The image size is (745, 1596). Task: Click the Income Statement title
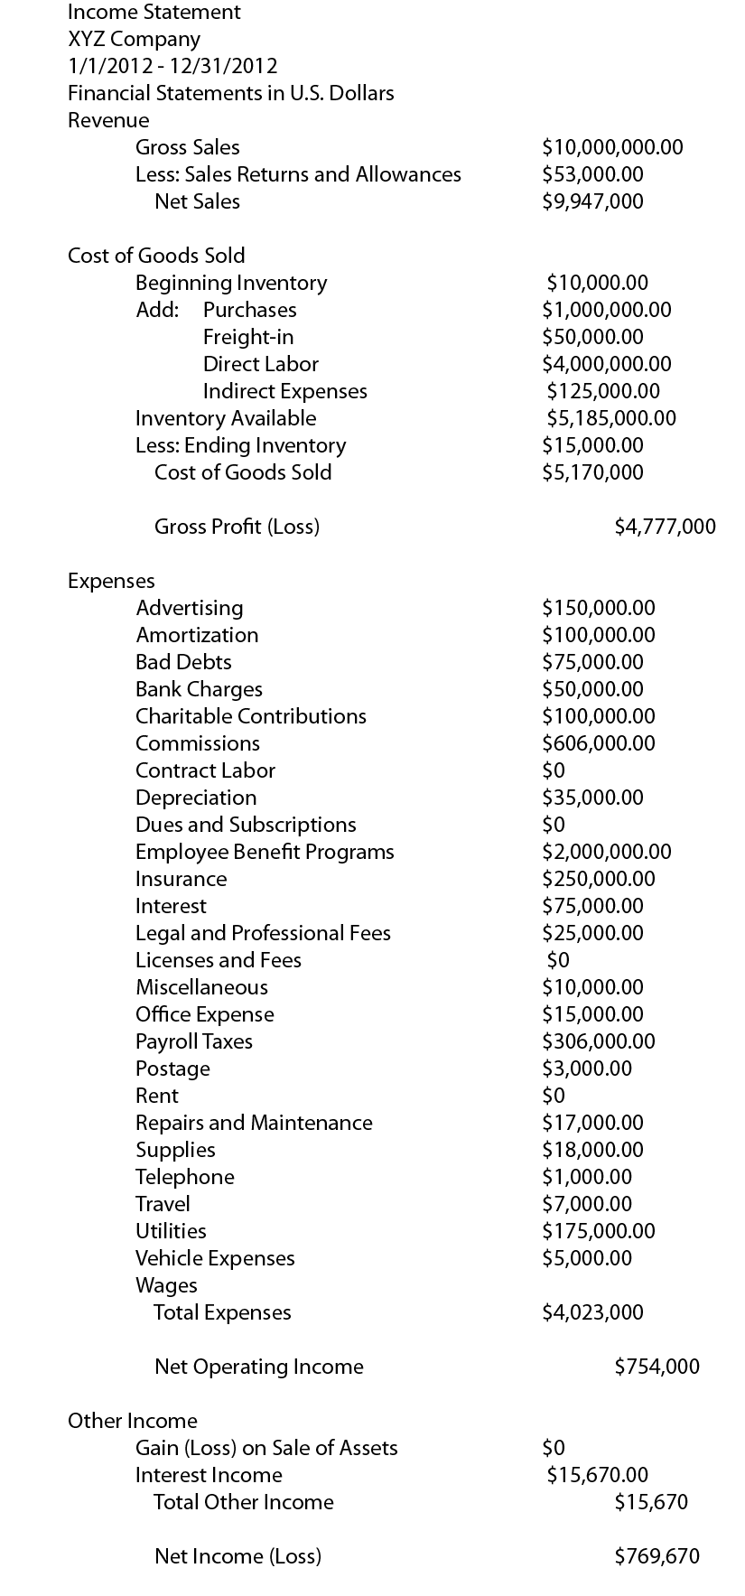tap(154, 13)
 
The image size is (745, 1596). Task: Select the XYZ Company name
tap(134, 40)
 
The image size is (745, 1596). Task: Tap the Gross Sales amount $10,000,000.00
tap(612, 147)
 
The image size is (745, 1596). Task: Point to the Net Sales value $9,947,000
tap(592, 201)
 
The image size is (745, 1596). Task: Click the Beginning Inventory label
tap(231, 283)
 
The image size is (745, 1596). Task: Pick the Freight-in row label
tap(248, 337)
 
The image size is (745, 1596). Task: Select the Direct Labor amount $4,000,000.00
tap(607, 364)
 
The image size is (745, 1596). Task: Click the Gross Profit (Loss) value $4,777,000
tap(665, 527)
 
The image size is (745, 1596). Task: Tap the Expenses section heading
tap(111, 581)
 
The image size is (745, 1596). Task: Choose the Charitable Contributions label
tap(251, 716)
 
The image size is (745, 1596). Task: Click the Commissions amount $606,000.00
tap(599, 743)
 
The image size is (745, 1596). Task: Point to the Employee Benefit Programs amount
tap(607, 852)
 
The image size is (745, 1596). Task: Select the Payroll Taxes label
tap(194, 1041)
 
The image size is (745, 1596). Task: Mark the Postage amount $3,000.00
tap(587, 1069)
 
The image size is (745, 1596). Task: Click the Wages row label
tap(166, 1285)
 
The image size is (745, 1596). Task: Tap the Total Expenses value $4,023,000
tap(592, 1312)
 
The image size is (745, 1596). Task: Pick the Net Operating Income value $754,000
tap(657, 1367)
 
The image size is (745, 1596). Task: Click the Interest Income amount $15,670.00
tap(597, 1475)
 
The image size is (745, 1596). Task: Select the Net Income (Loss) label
tap(237, 1556)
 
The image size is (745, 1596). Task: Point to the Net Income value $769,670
tap(657, 1556)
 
